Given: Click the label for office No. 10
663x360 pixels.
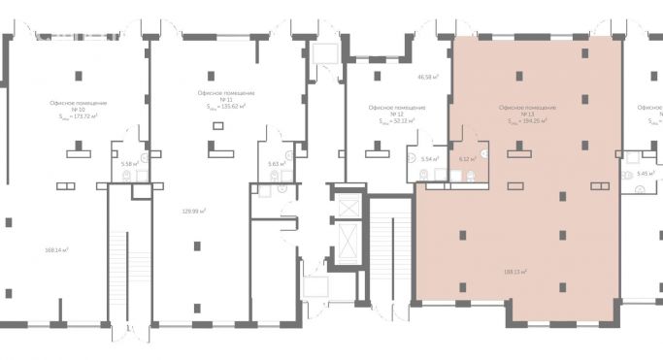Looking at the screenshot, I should coord(78,109).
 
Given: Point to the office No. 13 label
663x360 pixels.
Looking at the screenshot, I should coord(527,115).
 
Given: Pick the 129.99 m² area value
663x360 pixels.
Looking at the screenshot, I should coord(196,211).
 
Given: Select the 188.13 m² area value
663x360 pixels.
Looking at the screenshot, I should coord(514,272).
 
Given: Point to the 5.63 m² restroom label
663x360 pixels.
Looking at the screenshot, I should coord(275,164).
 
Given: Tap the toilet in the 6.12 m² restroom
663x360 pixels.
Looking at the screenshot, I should coord(470,176).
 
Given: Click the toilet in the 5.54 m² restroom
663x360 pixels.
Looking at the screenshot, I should coord(423,176).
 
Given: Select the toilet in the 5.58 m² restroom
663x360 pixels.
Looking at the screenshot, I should coord(140,176).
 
